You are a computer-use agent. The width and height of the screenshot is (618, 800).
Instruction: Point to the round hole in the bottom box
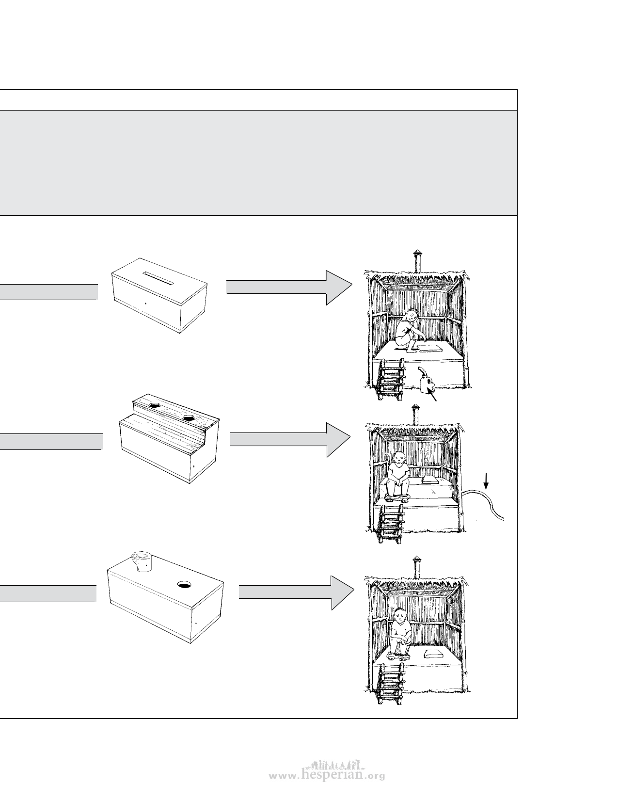point(184,585)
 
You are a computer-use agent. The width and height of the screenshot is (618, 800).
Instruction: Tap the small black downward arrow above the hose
point(487,481)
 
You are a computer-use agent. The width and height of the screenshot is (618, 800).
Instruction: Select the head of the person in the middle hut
point(398,457)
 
